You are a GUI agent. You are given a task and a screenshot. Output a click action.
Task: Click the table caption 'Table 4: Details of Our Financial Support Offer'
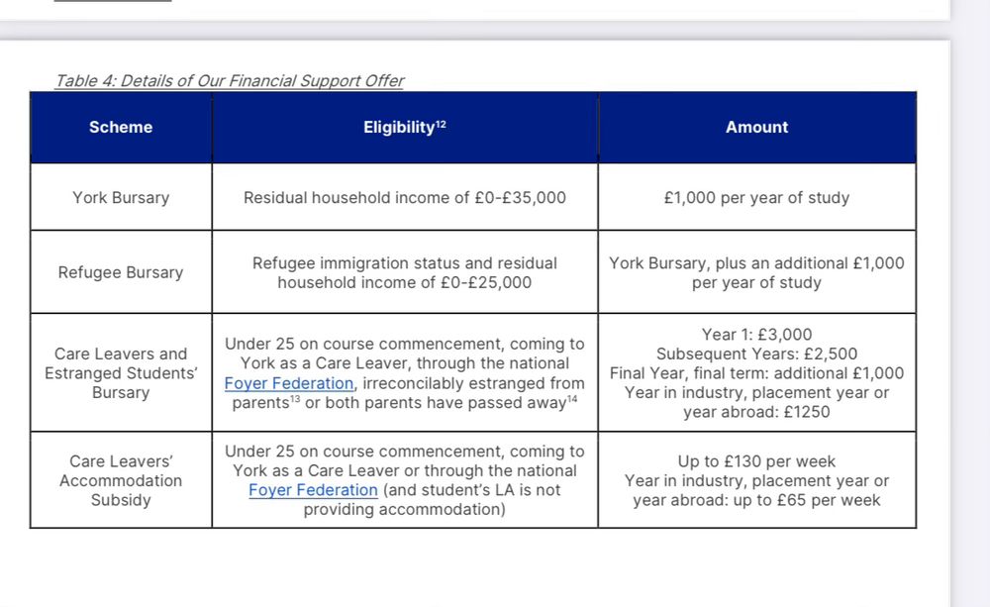click(229, 81)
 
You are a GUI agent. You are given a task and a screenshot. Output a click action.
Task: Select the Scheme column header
click(121, 127)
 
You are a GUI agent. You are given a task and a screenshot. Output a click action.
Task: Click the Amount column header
click(756, 127)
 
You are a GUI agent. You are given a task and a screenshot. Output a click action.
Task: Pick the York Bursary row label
click(121, 197)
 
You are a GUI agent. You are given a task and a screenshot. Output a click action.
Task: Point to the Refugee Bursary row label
click(121, 272)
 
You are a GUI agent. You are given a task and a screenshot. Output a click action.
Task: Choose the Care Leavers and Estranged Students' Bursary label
click(121, 373)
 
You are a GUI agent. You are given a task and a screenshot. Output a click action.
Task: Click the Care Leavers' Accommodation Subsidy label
click(121, 480)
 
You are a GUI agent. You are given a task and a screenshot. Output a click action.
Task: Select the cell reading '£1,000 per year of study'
click(756, 197)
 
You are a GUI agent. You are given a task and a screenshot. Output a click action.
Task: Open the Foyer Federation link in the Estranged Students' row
click(288, 383)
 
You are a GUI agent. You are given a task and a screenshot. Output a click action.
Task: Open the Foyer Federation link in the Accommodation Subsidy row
click(313, 490)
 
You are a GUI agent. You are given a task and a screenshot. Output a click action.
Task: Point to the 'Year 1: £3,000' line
click(756, 335)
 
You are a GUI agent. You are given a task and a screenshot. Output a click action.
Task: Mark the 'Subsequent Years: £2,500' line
click(756, 354)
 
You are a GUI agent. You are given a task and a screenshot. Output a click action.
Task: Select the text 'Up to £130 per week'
click(756, 461)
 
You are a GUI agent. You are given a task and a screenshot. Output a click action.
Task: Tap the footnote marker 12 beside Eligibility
click(442, 123)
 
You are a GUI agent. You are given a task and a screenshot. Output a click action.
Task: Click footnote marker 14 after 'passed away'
click(572, 399)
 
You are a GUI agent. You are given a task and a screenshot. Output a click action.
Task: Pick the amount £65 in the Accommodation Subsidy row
click(791, 500)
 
